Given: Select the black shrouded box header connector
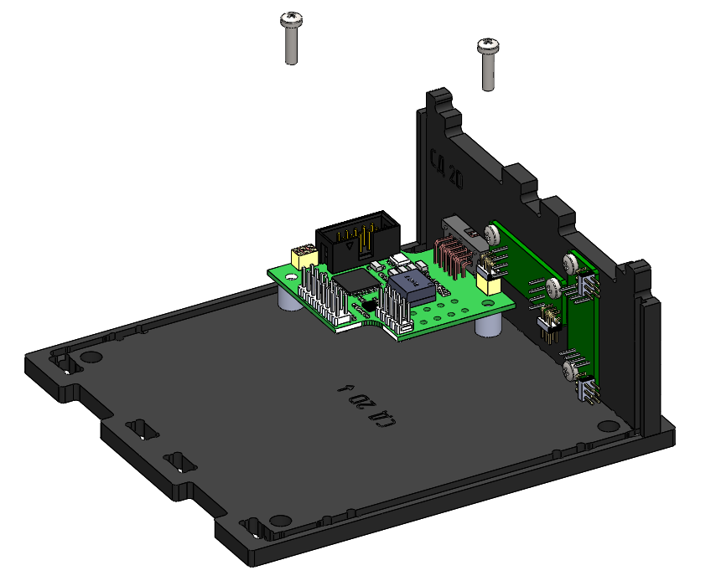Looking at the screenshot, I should [356, 238].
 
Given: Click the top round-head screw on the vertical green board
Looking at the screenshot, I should [572, 262].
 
